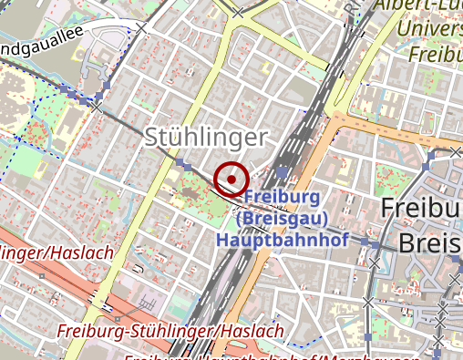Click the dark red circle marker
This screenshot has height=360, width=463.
tap(231, 179)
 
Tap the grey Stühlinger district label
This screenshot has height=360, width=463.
tap(206, 138)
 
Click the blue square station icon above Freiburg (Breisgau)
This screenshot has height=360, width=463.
tap(283, 171)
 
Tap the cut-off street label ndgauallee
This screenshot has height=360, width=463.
tap(42, 40)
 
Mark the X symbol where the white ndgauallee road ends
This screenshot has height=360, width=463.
tap(141, 28)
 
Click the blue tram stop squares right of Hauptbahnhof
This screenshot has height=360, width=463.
tap(373, 244)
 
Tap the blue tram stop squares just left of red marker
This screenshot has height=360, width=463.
tap(186, 167)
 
